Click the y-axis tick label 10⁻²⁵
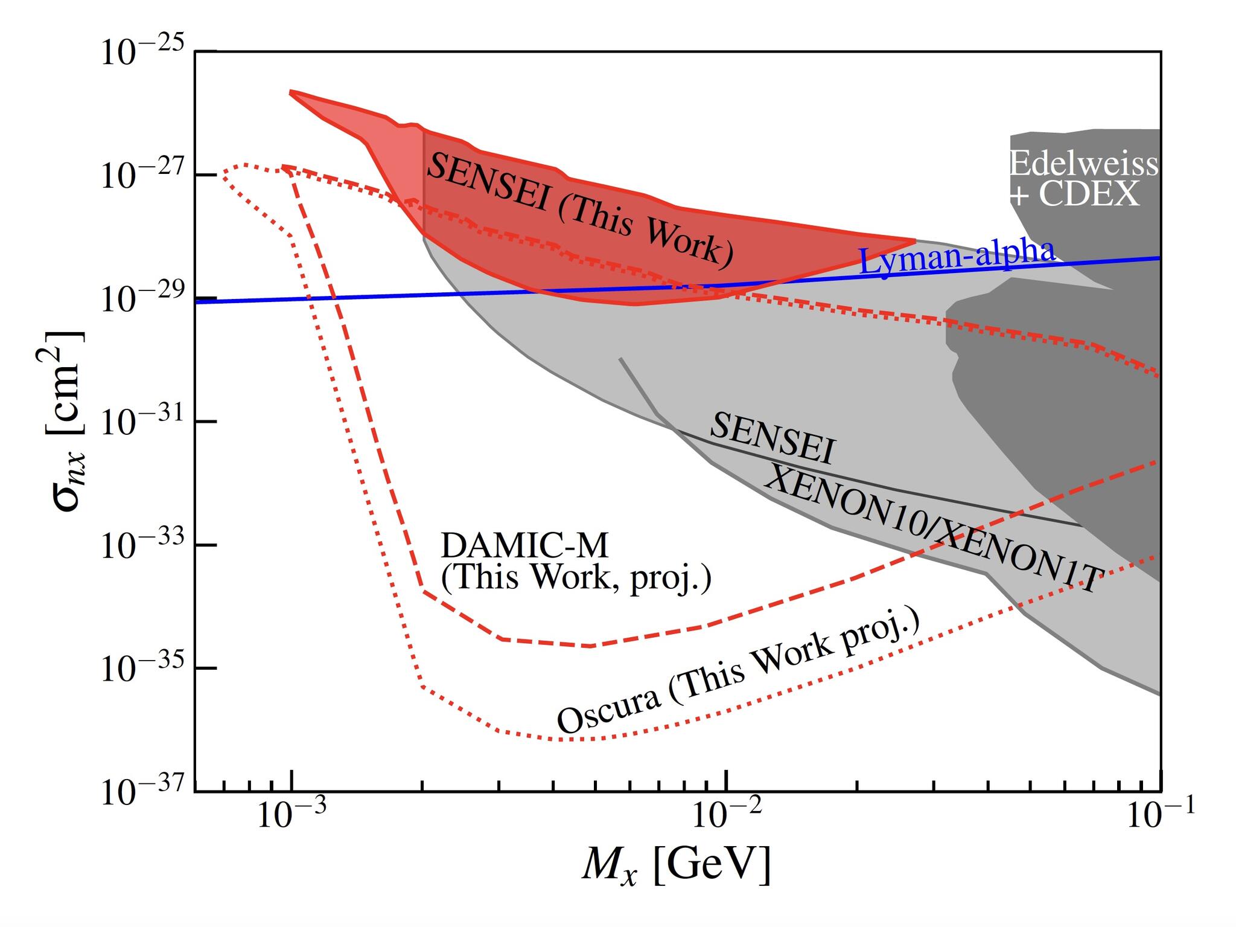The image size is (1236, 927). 142,53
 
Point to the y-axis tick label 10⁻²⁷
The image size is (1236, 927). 142,176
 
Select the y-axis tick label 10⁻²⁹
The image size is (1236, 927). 142,299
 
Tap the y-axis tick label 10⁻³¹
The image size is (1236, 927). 142,422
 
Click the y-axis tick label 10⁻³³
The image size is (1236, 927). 142,546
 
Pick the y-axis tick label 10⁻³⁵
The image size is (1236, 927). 142,669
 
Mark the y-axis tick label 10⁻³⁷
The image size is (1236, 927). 142,792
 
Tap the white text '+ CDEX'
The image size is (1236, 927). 1074,194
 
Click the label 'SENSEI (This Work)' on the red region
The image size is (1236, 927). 579,209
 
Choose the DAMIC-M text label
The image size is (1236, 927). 524,546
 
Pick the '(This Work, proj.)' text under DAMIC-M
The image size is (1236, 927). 576,578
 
